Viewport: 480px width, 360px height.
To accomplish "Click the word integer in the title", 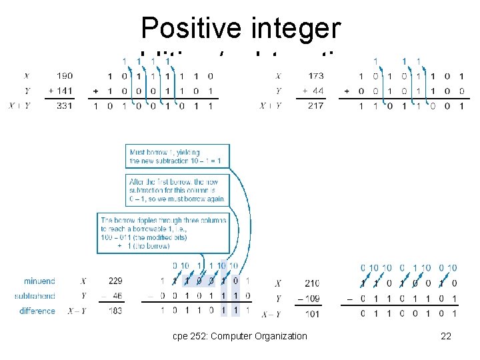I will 295,29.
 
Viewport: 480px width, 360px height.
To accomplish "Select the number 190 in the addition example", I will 65,76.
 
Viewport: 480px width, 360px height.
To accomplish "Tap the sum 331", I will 65,105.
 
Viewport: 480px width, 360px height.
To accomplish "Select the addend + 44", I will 313,91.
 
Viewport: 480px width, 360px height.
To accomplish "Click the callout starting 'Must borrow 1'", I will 177,156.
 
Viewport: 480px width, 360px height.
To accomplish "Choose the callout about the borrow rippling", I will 163,233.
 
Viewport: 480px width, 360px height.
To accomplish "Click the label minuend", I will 39,281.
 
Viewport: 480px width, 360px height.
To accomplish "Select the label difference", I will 37,311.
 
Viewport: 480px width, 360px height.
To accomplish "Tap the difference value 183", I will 114,311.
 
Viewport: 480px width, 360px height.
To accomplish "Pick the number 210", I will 311,283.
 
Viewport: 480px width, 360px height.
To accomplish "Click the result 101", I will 311,313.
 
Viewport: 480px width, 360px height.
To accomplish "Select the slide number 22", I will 446,336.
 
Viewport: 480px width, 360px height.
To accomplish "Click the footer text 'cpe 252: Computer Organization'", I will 239,336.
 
